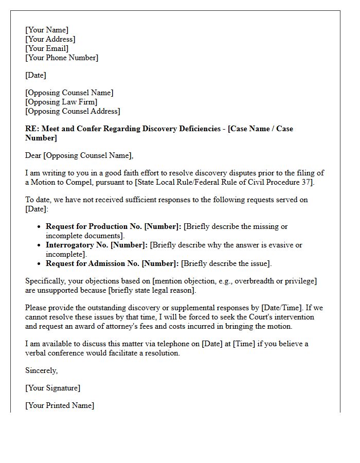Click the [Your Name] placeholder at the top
pyautogui.click(x=47, y=30)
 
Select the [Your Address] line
pyautogui.click(x=50, y=39)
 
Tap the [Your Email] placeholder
pyautogui.click(x=47, y=48)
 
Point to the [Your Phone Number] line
pyautogui.click(x=62, y=58)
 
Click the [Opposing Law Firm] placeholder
pyautogui.click(x=61, y=102)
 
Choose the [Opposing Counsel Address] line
pyautogui.click(x=73, y=111)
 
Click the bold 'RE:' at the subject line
pyautogui.click(x=32, y=129)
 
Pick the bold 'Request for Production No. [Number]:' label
pyautogui.click(x=114, y=226)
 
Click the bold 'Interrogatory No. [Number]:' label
pyautogui.click(x=97, y=245)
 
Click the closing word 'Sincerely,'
pyautogui.click(x=42, y=370)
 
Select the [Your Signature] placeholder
pyautogui.click(x=53, y=388)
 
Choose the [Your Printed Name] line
pyautogui.click(x=60, y=405)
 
